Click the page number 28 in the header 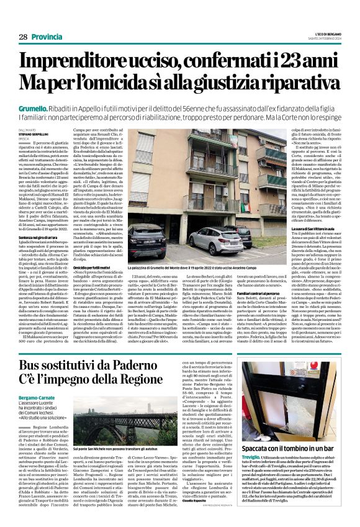coord(22,37)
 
